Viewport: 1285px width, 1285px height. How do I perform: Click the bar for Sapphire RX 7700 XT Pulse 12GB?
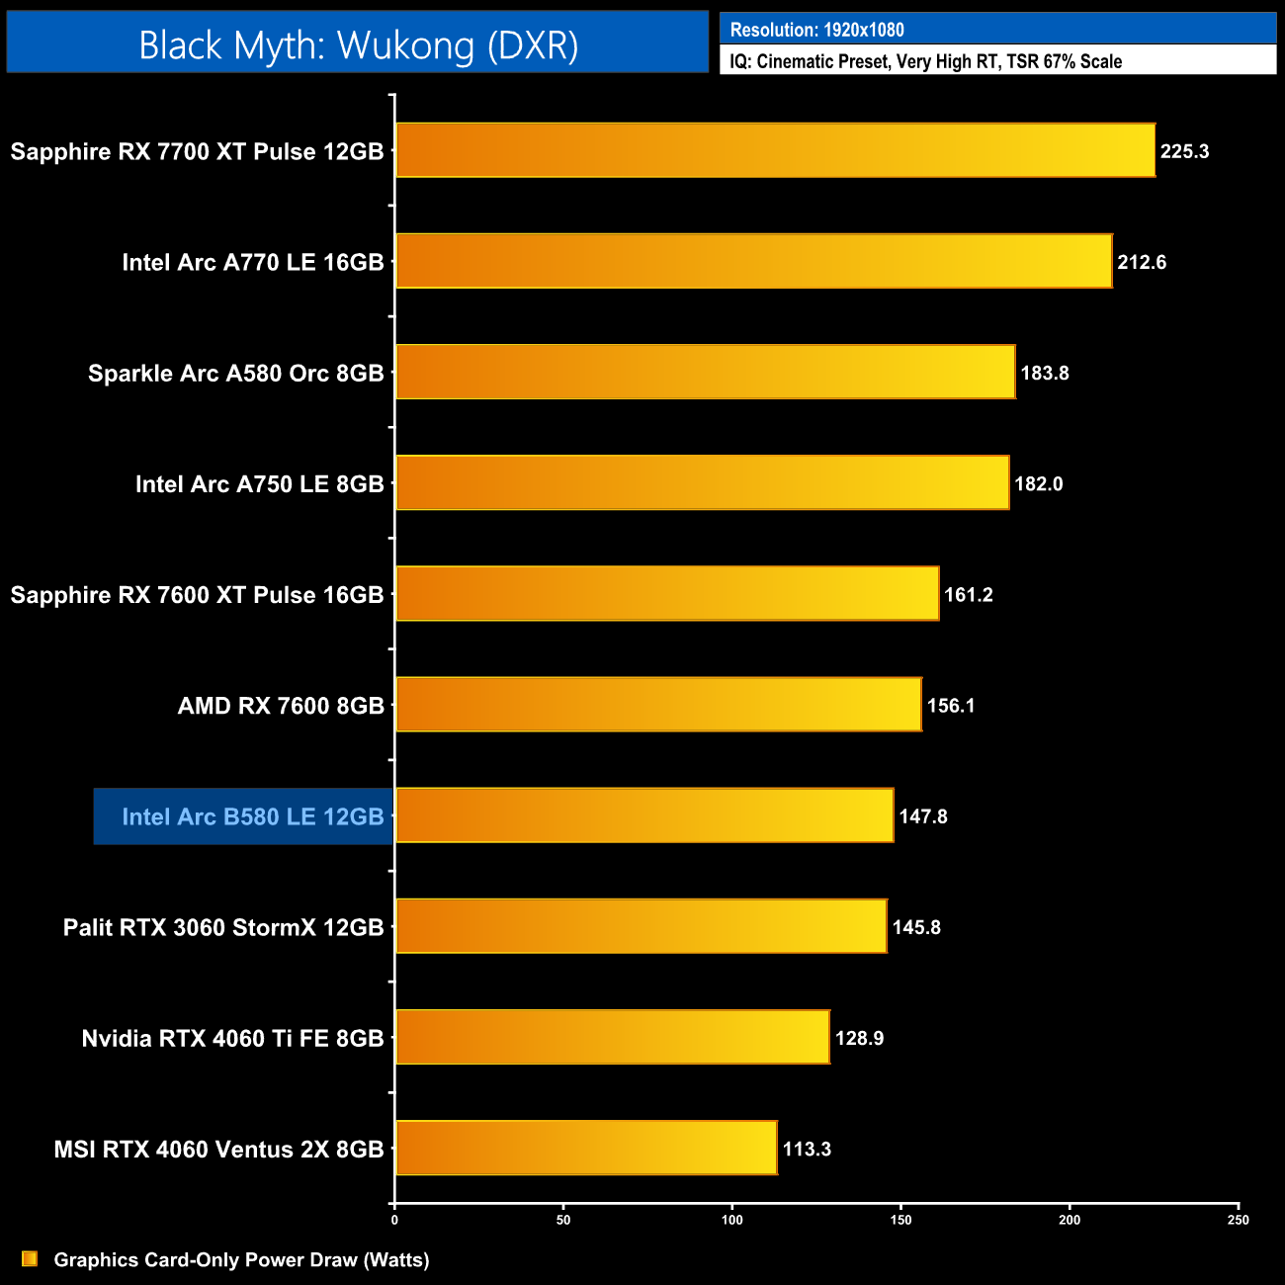[775, 150]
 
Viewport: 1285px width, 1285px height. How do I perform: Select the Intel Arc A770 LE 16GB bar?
[753, 261]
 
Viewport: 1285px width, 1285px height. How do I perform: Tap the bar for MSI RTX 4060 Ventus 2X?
[586, 1148]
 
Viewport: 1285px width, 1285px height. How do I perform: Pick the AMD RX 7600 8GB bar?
[658, 705]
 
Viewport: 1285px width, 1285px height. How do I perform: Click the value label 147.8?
[923, 816]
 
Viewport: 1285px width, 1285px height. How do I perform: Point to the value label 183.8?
[1045, 374]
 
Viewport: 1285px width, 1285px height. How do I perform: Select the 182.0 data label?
[1039, 484]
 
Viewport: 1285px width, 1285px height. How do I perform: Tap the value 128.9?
[859, 1039]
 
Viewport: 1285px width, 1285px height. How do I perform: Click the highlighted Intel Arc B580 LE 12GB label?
[252, 816]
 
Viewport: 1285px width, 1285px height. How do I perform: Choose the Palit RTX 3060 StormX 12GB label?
[223, 927]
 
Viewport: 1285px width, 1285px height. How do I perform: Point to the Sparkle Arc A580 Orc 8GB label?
[235, 374]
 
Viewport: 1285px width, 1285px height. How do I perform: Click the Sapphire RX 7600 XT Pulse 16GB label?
[197, 595]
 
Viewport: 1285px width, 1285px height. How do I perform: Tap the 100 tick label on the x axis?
[732, 1221]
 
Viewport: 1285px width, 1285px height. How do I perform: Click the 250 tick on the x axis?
[1239, 1221]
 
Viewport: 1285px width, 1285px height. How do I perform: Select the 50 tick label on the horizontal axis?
[563, 1221]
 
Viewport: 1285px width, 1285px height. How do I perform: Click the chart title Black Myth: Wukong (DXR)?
[358, 45]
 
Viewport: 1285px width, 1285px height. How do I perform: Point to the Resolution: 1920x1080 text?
[816, 30]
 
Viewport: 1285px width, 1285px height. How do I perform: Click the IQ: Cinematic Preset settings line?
[925, 61]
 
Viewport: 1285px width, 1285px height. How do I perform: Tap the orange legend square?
[30, 1259]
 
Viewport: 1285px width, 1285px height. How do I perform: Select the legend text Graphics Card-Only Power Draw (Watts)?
[241, 1260]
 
